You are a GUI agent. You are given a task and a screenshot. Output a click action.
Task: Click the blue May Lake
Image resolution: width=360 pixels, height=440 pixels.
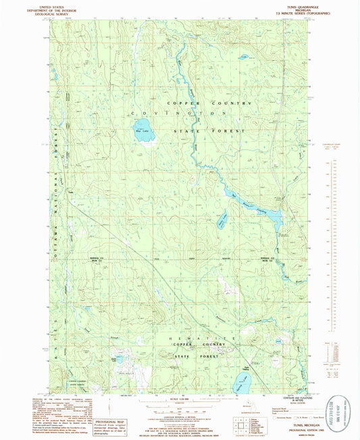[x=143, y=129]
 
